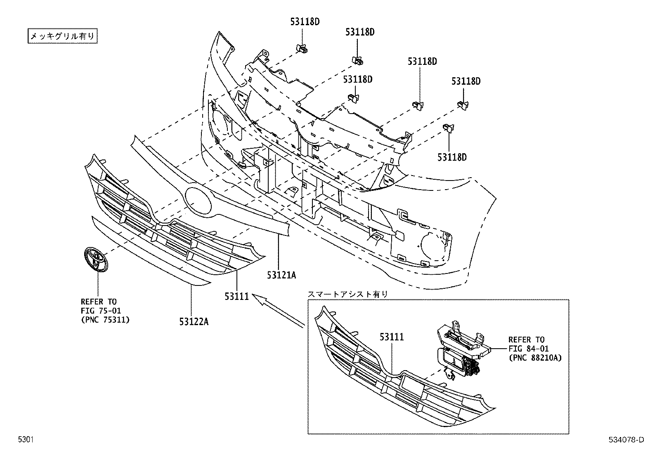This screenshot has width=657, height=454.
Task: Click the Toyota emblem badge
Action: (95, 259)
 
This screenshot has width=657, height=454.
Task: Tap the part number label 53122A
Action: (194, 321)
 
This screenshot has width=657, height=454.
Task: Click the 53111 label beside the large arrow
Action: (236, 296)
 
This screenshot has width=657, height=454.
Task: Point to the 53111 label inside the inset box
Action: (392, 337)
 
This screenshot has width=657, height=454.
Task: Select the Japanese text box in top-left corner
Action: (63, 36)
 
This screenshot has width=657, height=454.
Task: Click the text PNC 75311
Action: (105, 319)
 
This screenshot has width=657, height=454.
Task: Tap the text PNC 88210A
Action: (535, 358)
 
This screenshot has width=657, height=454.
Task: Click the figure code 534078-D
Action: (626, 440)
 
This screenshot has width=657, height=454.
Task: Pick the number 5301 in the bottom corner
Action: (25, 440)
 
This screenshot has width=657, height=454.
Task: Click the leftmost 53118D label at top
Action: (305, 22)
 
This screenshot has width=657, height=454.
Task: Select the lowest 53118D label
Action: (452, 157)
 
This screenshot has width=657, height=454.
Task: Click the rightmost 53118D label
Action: (466, 81)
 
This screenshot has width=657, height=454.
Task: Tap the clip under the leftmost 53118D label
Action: (303, 49)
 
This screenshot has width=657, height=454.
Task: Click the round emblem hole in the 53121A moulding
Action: (198, 200)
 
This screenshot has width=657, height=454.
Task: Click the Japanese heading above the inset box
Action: (347, 294)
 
